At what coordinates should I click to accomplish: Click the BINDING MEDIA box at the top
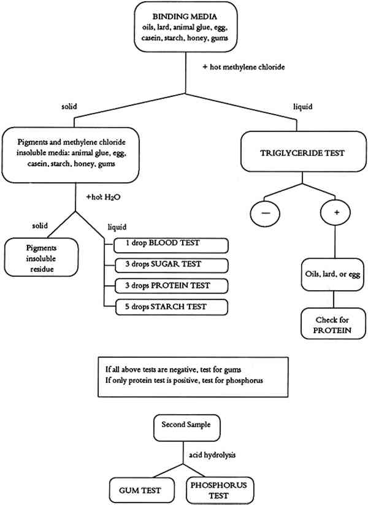[x=186, y=27]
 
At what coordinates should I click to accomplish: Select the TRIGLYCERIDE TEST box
[x=303, y=152]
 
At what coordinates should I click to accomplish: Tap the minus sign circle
[x=265, y=213]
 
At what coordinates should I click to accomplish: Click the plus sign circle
[x=335, y=212]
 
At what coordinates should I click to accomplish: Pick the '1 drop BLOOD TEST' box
[x=171, y=245]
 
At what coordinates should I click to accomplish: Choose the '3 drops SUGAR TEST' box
[x=171, y=266]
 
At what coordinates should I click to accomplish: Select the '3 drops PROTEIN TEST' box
[x=171, y=286]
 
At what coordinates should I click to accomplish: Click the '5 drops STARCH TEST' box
[x=171, y=307]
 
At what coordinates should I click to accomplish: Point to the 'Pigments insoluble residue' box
[x=41, y=257]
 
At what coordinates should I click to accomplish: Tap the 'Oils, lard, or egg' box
[x=332, y=275]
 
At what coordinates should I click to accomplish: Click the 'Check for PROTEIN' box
[x=333, y=323]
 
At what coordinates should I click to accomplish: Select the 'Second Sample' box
[x=186, y=428]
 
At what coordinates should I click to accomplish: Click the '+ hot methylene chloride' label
[x=243, y=67]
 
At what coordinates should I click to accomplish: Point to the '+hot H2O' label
[x=104, y=197]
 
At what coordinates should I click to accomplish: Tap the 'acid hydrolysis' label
[x=212, y=455]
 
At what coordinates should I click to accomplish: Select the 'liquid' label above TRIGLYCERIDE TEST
[x=302, y=107]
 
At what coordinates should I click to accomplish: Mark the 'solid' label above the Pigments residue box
[x=40, y=226]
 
